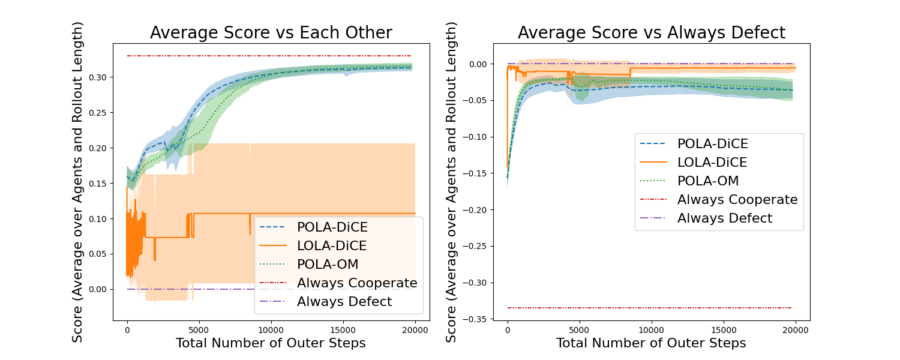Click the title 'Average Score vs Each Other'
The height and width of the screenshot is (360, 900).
pyautogui.click(x=271, y=32)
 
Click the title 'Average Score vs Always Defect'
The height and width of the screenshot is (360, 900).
pyautogui.click(x=652, y=32)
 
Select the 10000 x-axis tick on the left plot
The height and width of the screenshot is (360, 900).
pyautogui.click(x=271, y=329)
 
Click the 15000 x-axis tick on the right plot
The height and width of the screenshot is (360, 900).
pyautogui.click(x=724, y=329)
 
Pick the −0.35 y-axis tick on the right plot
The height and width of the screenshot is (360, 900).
pyautogui.click(x=477, y=319)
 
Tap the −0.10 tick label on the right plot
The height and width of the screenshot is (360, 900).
pyautogui.click(x=477, y=137)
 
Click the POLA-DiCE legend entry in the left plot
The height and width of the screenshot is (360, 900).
pyautogui.click(x=332, y=227)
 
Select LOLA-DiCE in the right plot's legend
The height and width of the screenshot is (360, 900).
pyautogui.click(x=712, y=162)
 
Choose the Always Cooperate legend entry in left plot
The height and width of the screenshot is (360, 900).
pyautogui.click(x=357, y=283)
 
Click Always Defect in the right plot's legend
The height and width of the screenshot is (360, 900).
pyautogui.click(x=725, y=218)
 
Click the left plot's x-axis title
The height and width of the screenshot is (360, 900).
pyautogui.click(x=271, y=343)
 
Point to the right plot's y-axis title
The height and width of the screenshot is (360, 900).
pyautogui.click(x=451, y=182)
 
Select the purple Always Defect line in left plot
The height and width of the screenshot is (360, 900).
pyautogui.click(x=180, y=289)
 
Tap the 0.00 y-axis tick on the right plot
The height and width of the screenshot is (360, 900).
pyautogui.click(x=479, y=64)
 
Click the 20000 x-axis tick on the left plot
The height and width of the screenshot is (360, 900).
pyautogui.click(x=415, y=329)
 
